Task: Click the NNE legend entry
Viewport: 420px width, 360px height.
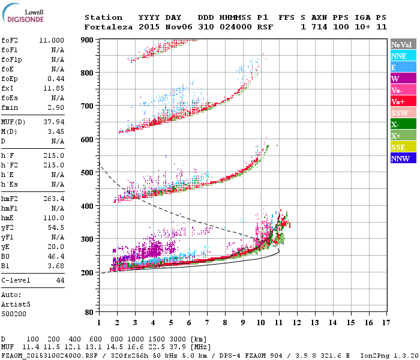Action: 403,56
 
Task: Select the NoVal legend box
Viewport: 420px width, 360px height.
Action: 403,44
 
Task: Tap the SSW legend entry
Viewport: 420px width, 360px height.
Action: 403,113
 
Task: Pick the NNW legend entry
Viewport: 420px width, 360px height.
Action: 403,158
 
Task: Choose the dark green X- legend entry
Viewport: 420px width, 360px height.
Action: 403,124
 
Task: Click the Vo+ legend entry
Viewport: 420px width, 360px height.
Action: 403,101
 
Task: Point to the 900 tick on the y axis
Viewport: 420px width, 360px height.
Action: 88,40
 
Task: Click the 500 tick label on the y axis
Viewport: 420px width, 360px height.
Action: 88,173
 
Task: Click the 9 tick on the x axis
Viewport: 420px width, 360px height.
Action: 243,322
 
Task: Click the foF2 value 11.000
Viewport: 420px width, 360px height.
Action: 52,40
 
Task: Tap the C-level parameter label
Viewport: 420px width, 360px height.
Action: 16,280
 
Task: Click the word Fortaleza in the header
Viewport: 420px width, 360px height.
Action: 109,27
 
